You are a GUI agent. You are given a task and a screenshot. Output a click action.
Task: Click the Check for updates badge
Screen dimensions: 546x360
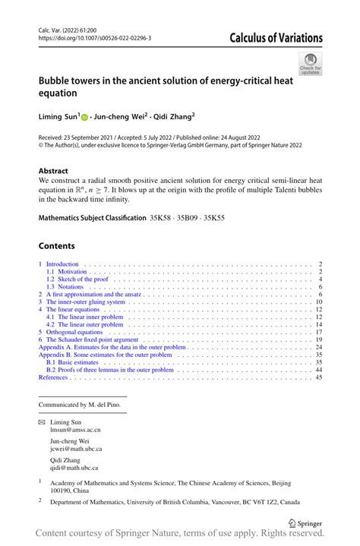310,64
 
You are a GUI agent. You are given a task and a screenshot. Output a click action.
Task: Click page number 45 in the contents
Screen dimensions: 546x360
319,376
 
